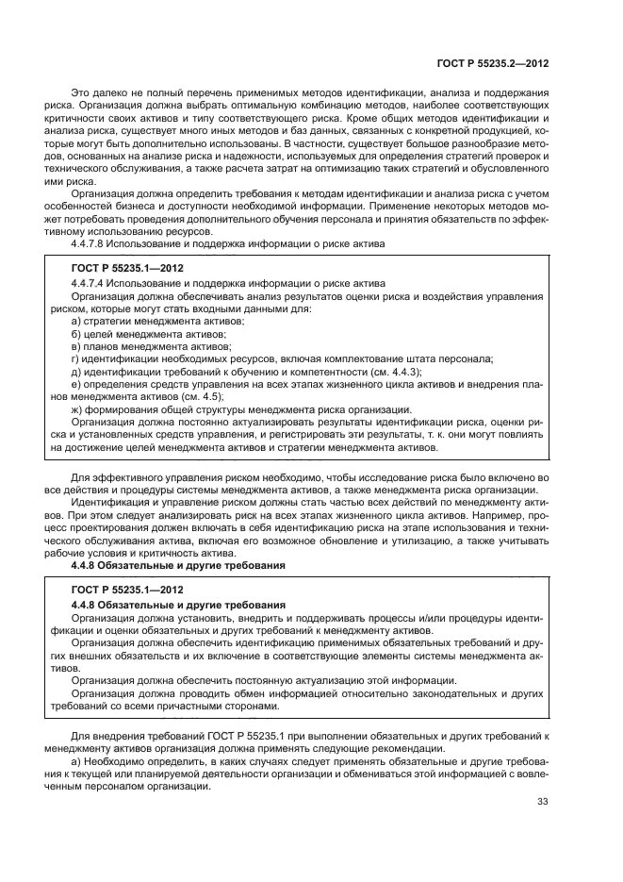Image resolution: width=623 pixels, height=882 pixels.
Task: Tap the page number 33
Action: tap(543, 802)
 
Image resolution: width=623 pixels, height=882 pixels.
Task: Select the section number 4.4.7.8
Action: tap(93, 243)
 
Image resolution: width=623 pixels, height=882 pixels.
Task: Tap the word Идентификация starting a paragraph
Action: tap(113, 503)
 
